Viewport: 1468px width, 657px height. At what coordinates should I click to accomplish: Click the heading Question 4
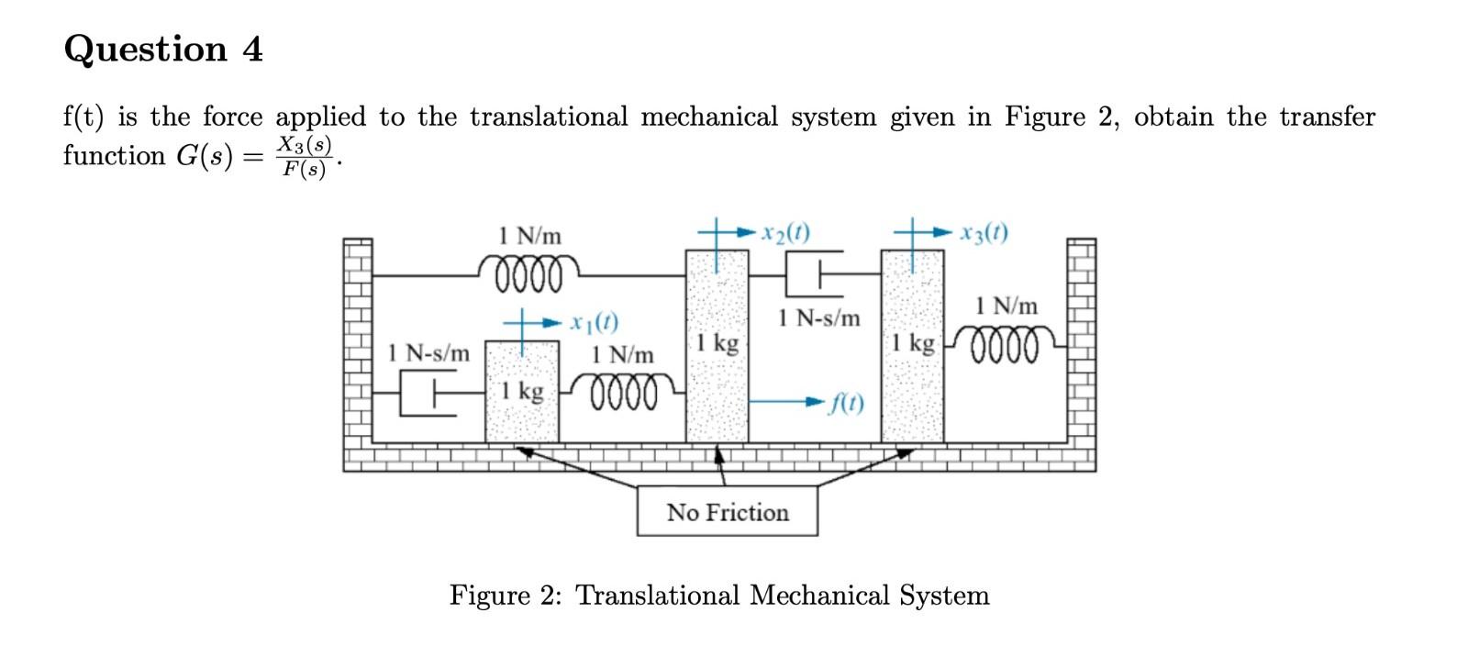pyautogui.click(x=163, y=49)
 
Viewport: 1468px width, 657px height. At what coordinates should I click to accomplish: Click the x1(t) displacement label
pyautogui.click(x=594, y=322)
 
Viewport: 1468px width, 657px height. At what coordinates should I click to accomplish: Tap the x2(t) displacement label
pyautogui.click(x=786, y=231)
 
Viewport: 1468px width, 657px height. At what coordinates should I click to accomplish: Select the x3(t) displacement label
pyautogui.click(x=984, y=231)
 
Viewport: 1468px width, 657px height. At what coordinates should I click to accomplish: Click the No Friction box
pyautogui.click(x=727, y=512)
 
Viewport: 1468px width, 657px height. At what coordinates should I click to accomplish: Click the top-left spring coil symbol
pyautogui.click(x=529, y=273)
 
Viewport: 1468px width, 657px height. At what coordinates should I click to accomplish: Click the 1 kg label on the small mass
pyautogui.click(x=522, y=392)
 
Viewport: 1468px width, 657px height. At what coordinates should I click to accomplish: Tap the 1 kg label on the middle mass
pyautogui.click(x=717, y=344)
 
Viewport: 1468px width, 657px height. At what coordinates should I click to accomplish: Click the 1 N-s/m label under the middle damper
pyautogui.click(x=818, y=318)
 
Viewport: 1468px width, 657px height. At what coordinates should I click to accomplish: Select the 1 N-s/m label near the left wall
pyautogui.click(x=428, y=352)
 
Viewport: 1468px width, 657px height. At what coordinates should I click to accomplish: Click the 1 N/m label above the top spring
pyautogui.click(x=529, y=235)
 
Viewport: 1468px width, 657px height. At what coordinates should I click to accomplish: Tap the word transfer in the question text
pyautogui.click(x=1327, y=117)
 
